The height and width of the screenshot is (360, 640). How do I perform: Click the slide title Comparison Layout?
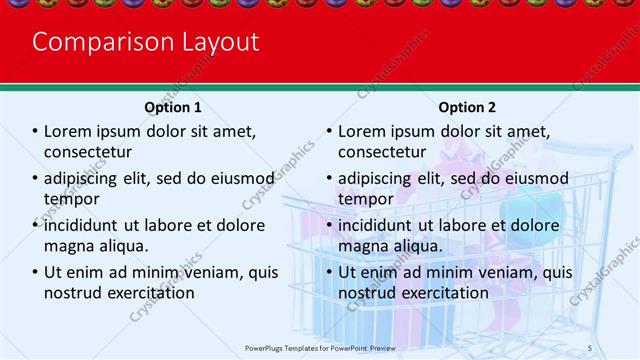[x=145, y=42]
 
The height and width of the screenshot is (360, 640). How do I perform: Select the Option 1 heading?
[x=172, y=107]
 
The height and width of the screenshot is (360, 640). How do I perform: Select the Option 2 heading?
[x=466, y=107]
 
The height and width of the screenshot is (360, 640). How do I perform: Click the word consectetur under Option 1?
[x=88, y=152]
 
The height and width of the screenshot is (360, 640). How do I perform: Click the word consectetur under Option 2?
[x=382, y=152]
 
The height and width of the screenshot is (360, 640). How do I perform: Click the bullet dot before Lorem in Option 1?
[x=35, y=131]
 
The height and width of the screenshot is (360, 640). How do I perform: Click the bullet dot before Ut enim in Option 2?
[x=329, y=272]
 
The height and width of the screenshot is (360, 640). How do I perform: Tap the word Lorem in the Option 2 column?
[x=362, y=131]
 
